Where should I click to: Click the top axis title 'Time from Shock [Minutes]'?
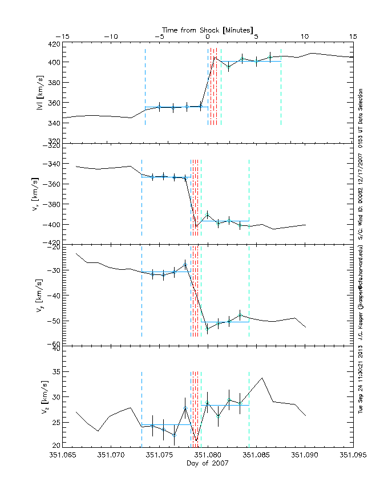[208, 29]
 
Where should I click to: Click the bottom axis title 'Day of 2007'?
[208, 463]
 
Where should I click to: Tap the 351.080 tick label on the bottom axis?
[208, 455]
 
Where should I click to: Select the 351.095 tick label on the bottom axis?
[353, 455]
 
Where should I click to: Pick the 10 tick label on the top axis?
[305, 37]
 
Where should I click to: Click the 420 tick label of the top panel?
[53, 43]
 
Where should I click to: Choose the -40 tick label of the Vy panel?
[53, 295]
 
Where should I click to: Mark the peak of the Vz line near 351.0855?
[262, 378]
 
